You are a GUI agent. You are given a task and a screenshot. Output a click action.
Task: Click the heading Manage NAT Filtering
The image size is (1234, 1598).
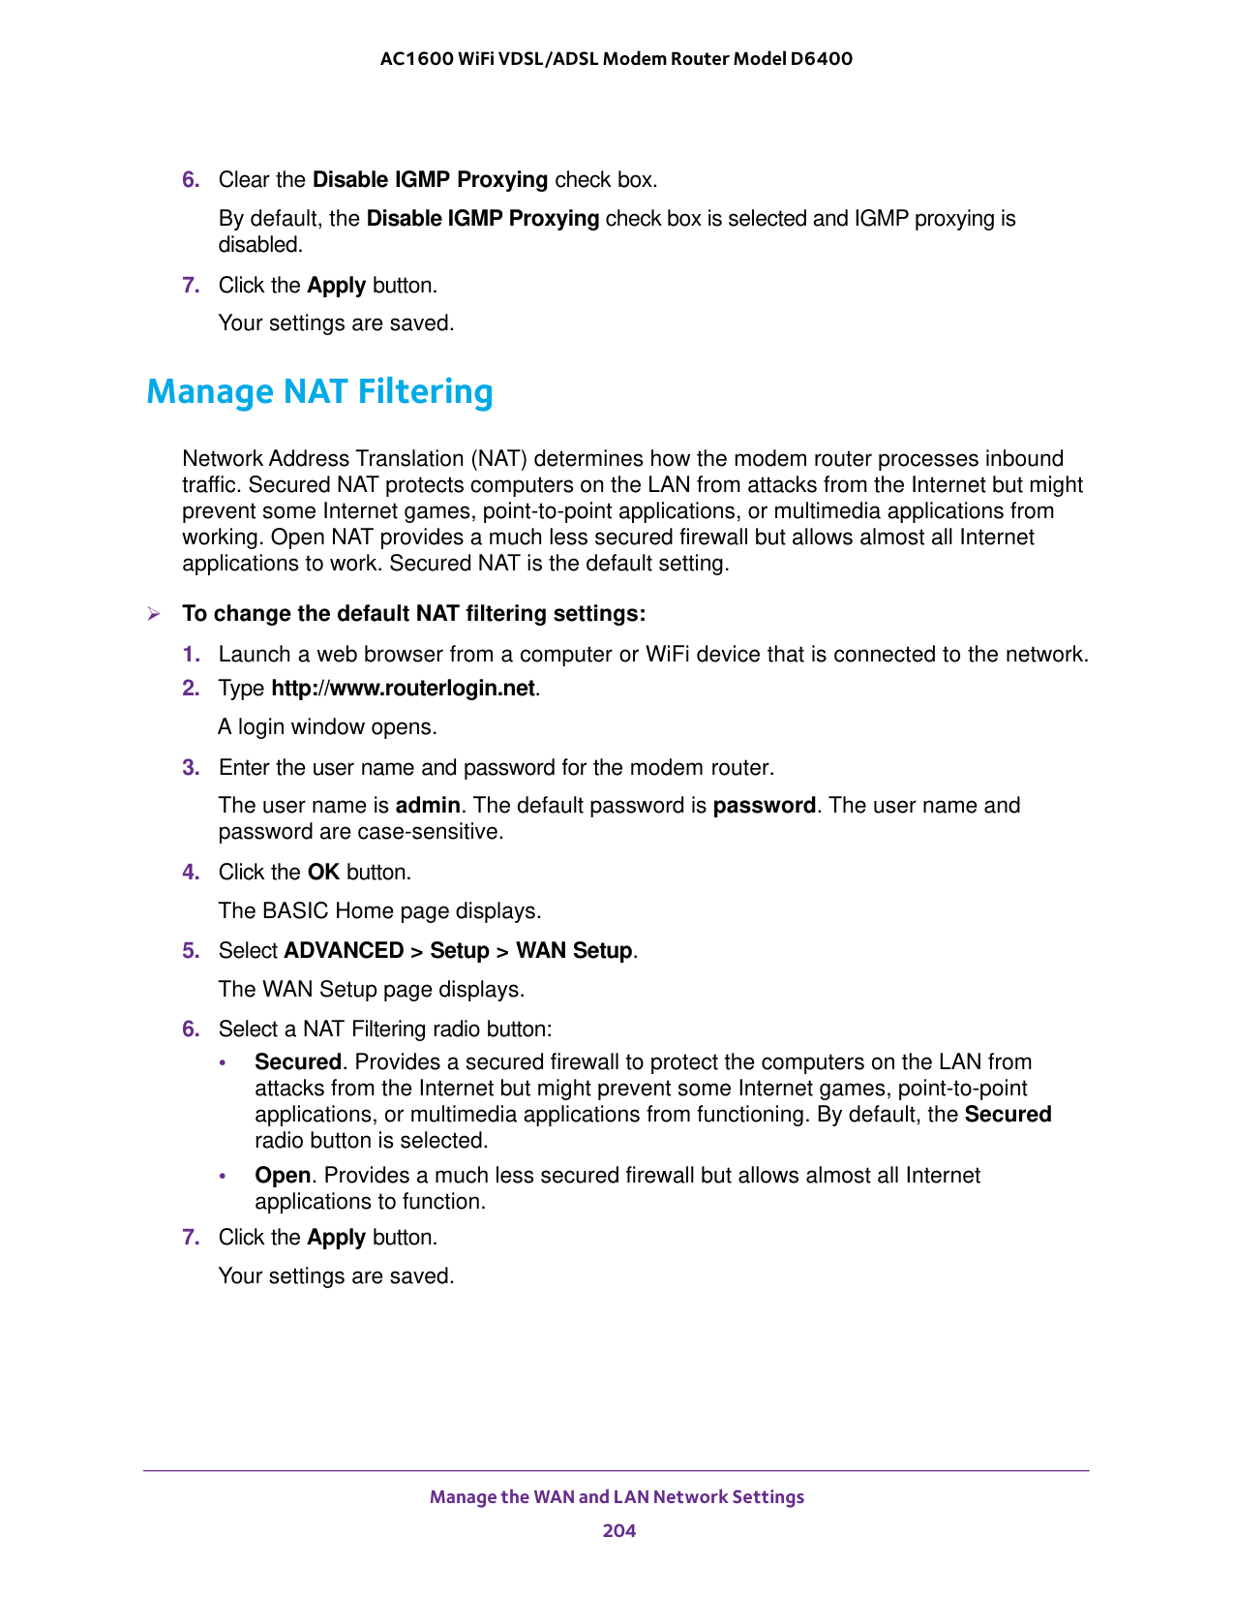tap(319, 392)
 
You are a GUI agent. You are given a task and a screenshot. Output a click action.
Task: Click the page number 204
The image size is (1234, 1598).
tap(618, 1530)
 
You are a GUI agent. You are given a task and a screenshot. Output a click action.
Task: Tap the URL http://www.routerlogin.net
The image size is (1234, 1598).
tap(403, 689)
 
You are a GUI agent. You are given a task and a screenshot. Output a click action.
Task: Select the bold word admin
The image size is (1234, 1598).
tap(428, 806)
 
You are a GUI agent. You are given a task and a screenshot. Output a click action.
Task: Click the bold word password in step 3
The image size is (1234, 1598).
tap(764, 806)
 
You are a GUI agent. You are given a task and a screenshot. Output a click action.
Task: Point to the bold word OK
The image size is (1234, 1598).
tap(323, 873)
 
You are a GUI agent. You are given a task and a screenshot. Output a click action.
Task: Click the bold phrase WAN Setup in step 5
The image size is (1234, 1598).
tap(574, 951)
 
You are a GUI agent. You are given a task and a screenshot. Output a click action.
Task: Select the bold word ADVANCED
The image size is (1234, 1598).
tap(344, 951)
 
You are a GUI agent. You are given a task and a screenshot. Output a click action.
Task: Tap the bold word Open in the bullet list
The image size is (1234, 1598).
tap(282, 1176)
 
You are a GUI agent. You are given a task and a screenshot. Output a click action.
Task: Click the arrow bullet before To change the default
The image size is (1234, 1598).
tap(153, 614)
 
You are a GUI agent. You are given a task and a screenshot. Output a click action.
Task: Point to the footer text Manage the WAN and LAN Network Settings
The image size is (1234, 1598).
tap(617, 1497)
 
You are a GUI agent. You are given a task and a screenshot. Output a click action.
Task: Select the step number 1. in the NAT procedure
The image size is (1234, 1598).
tap(191, 655)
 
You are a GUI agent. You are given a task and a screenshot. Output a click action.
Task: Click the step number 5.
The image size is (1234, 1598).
tap(191, 951)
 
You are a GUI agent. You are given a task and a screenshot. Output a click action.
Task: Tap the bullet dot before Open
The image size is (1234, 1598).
tap(224, 1177)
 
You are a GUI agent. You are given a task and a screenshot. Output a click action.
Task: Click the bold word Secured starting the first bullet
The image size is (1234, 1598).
tap(297, 1062)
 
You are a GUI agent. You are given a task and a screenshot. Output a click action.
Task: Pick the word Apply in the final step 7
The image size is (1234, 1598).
tap(336, 1238)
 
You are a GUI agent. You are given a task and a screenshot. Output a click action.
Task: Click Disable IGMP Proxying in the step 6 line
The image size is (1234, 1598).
tap(430, 180)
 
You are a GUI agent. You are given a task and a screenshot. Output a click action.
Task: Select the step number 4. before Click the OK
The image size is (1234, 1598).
tap(191, 873)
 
